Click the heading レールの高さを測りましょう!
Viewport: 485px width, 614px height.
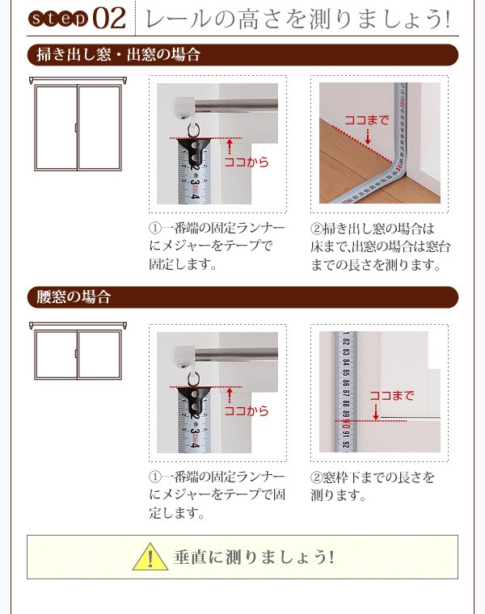(x=294, y=18)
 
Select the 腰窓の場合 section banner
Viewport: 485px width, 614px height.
(x=74, y=296)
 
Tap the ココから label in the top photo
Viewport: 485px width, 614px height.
(x=246, y=162)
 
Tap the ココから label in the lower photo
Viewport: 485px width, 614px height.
(x=246, y=410)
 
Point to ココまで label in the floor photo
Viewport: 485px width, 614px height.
(x=366, y=120)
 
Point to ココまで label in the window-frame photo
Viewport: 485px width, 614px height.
(x=391, y=395)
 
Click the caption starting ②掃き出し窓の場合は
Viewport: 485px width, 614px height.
(x=380, y=246)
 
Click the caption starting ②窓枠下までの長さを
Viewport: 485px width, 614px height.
(x=373, y=486)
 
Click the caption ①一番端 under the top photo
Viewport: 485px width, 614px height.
(x=217, y=246)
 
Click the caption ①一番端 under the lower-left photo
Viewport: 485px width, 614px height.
(x=217, y=494)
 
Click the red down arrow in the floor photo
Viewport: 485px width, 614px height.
(x=368, y=137)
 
